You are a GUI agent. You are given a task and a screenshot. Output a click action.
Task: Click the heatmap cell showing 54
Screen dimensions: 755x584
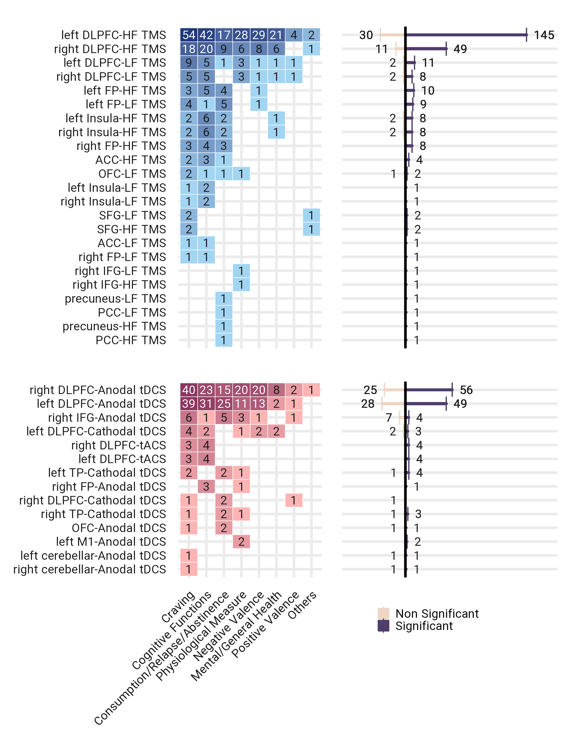coord(189,35)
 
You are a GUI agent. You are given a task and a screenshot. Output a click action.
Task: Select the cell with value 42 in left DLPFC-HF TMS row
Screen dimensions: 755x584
coord(206,35)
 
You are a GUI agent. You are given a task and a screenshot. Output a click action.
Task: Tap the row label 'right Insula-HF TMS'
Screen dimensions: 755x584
coord(112,132)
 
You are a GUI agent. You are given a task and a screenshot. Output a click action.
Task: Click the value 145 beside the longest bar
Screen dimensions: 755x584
coord(544,35)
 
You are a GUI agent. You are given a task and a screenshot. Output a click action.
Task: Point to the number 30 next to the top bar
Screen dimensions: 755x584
coord(366,35)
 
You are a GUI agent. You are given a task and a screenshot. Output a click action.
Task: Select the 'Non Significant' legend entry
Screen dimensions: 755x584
coord(437,614)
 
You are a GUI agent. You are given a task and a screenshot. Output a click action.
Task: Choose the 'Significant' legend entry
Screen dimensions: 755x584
coord(424,626)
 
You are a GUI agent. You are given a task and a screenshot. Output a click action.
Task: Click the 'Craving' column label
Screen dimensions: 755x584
coord(179,607)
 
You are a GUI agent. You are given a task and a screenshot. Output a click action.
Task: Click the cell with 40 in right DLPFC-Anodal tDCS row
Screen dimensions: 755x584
coord(189,390)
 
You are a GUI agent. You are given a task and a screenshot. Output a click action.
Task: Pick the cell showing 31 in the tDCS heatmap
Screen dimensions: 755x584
coord(206,404)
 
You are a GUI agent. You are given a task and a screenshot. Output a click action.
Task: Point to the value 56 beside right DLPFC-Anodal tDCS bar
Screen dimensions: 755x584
coord(466,390)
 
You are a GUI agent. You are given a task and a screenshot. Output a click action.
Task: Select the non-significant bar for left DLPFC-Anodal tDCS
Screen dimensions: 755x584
coord(393,404)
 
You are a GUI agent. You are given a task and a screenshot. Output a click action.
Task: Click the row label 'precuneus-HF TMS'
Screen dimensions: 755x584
coord(114,326)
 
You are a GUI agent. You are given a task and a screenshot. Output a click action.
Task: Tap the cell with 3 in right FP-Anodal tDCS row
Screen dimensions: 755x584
coord(206,486)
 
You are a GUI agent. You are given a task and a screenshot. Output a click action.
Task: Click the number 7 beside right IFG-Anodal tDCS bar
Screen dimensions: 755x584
coord(389,417)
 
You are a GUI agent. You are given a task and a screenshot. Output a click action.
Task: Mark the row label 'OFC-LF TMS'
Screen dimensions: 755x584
coord(132,174)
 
